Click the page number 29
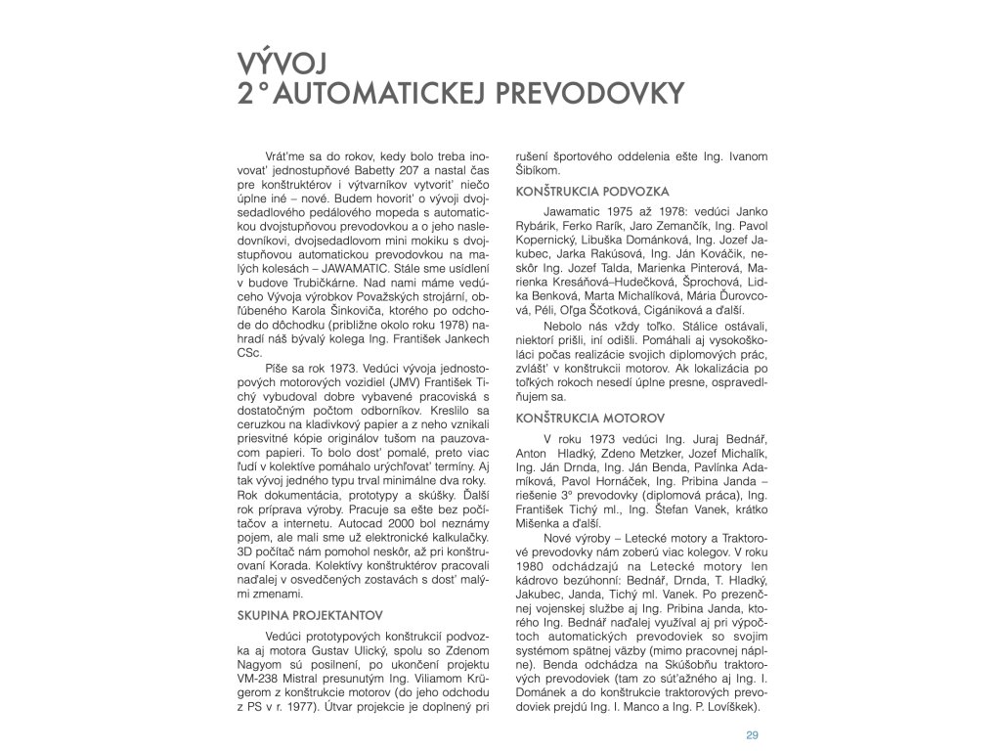(752, 734)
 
